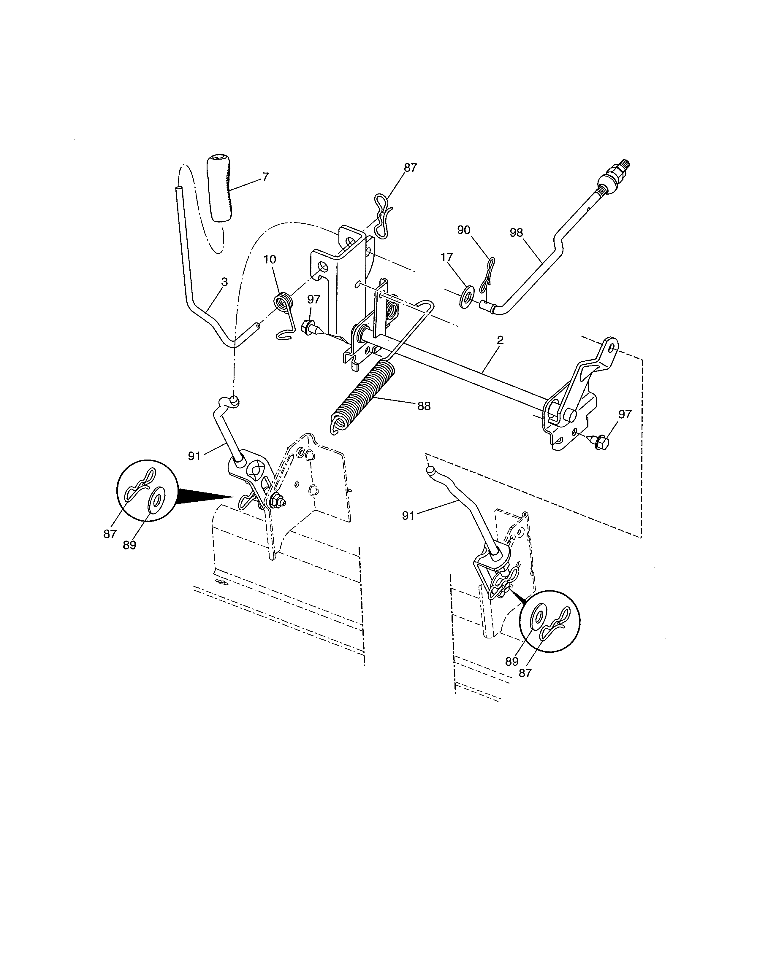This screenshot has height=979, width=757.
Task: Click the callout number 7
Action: (x=265, y=177)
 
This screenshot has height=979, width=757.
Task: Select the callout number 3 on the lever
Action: (x=224, y=282)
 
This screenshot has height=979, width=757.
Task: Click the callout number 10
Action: (x=270, y=260)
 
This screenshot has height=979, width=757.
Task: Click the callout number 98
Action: (x=517, y=232)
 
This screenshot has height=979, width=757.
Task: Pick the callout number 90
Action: (x=463, y=230)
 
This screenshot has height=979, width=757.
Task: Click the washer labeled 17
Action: (x=467, y=296)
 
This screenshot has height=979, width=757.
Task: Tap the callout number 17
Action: (x=447, y=257)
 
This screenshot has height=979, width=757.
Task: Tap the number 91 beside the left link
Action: (x=194, y=456)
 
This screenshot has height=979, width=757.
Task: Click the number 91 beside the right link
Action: (x=408, y=516)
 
